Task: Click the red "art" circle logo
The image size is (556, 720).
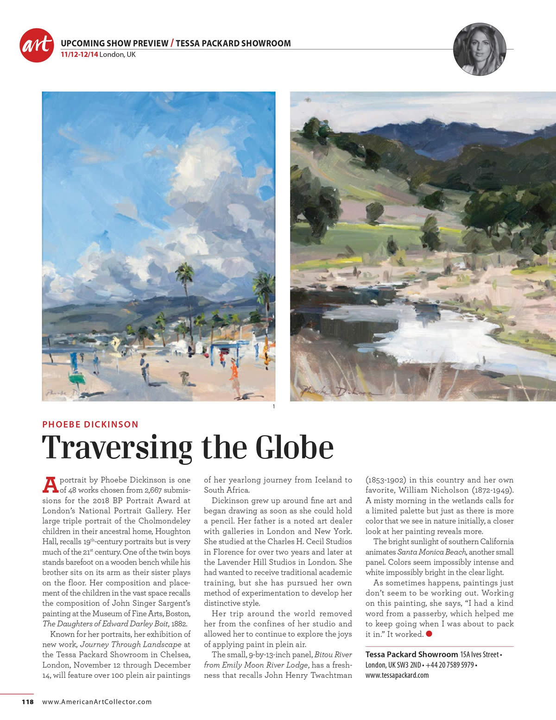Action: (x=37, y=45)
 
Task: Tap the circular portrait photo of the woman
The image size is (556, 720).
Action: (x=480, y=50)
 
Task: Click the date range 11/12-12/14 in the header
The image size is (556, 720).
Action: (x=79, y=55)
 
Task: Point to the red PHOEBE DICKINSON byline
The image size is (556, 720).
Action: (x=90, y=424)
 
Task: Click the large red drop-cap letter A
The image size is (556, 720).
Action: (x=50, y=485)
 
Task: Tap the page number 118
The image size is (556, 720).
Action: (x=28, y=701)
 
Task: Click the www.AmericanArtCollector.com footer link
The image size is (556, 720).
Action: (x=97, y=701)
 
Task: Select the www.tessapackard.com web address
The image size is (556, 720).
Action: (x=397, y=675)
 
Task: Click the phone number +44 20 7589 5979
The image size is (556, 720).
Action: (x=448, y=665)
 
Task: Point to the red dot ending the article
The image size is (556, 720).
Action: (x=429, y=634)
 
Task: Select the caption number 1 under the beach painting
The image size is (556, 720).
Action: (x=274, y=407)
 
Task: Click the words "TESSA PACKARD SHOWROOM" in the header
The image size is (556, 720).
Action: (x=233, y=44)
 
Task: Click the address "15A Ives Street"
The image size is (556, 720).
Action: (x=480, y=655)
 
